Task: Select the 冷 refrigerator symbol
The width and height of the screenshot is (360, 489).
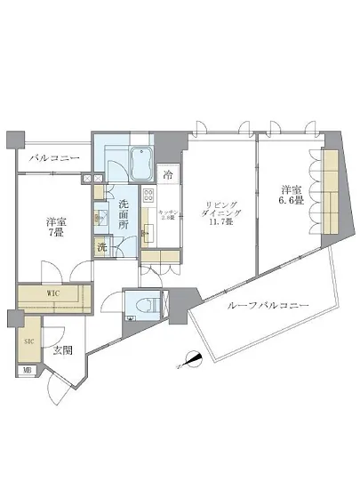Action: (x=167, y=174)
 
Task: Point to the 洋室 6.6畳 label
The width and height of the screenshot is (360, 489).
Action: (x=291, y=196)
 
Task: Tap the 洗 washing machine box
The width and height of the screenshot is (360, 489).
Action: (x=103, y=247)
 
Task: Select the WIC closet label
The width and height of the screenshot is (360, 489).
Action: (x=52, y=291)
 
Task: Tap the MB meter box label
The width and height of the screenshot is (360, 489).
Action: (x=28, y=371)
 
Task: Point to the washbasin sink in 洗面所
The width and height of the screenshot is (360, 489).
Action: (x=100, y=214)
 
